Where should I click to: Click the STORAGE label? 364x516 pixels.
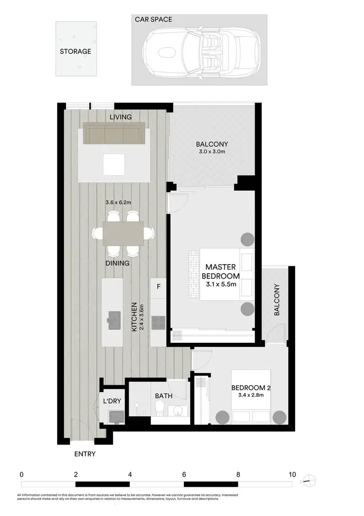tap(75, 51)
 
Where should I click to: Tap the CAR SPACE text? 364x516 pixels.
tap(154, 20)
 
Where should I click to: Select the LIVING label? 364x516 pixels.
tap(121, 117)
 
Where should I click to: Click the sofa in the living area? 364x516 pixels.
tap(114, 134)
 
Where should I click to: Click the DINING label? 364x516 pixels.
tap(117, 263)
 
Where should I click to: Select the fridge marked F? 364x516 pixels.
tap(158, 287)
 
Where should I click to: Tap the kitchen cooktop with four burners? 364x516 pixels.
tap(158, 321)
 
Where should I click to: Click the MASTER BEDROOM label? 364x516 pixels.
tap(220, 271)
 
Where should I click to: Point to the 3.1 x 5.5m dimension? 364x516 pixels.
tap(220, 285)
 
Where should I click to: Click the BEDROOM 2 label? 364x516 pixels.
tap(250, 388)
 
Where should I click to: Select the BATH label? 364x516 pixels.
tap(164, 396)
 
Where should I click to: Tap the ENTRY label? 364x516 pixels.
tap(84, 454)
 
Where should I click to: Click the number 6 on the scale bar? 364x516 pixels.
tap(184, 474)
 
